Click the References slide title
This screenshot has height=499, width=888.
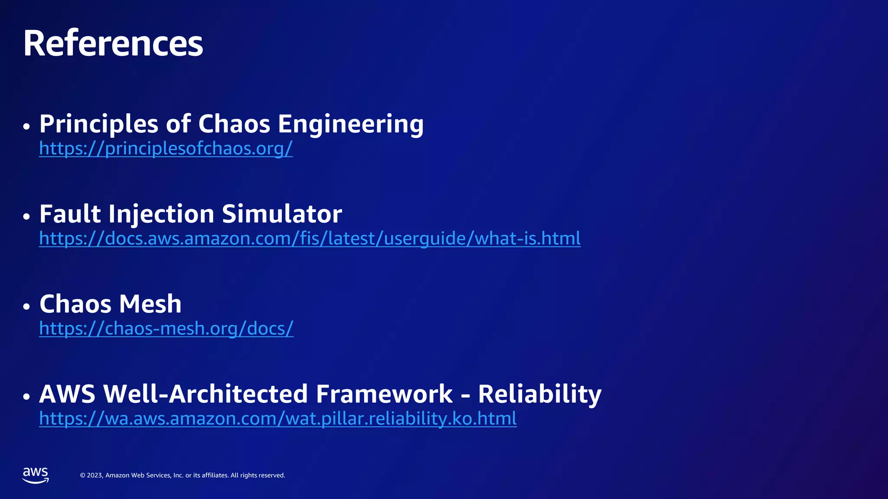[113, 43]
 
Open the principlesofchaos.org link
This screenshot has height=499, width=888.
[166, 149]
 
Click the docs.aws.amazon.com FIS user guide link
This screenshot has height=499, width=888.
[310, 239]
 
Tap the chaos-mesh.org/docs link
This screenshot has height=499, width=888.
[166, 329]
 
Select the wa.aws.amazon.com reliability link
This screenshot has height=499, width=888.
[277, 419]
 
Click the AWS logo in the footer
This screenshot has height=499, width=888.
[36, 475]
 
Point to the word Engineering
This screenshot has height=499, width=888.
[350, 124]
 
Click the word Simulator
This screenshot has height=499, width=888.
[282, 214]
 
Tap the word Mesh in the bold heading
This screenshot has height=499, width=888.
[150, 304]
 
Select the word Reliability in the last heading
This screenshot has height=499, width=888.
[539, 394]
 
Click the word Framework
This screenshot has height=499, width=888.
[384, 394]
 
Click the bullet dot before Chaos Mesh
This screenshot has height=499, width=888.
[27, 307]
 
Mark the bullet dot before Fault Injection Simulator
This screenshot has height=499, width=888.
[27, 217]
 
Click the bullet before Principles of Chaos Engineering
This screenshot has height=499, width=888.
[27, 126]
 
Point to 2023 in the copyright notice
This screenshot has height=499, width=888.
[95, 476]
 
